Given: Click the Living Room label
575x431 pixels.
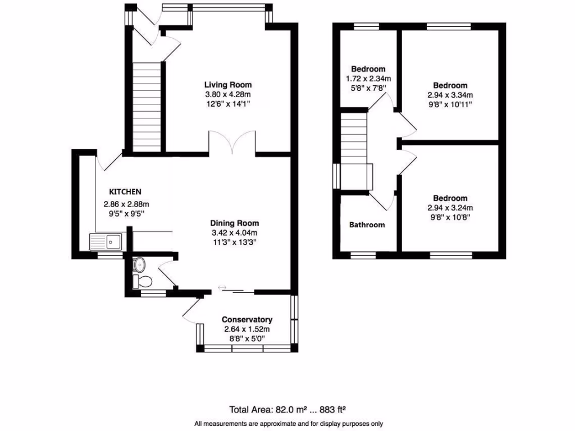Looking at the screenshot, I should pyautogui.click(x=227, y=85).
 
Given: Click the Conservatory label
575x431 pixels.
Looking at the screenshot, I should pyautogui.click(x=247, y=319).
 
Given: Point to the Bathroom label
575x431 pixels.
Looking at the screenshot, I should pyautogui.click(x=367, y=225).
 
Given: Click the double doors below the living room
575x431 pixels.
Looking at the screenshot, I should pyautogui.click(x=233, y=141).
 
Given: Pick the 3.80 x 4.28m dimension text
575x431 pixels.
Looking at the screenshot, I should pyautogui.click(x=227, y=94).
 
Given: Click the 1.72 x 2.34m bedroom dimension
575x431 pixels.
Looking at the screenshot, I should pyautogui.click(x=368, y=79).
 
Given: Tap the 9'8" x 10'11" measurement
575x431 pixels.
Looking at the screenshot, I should pyautogui.click(x=450, y=104).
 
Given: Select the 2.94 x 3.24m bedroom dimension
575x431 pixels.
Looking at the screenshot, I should pyautogui.click(x=450, y=208).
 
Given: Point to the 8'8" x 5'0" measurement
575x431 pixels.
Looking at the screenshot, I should pyautogui.click(x=247, y=339).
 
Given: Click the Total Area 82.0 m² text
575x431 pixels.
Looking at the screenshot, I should pyautogui.click(x=290, y=409).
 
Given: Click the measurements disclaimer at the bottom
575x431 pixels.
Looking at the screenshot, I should pyautogui.click(x=289, y=424).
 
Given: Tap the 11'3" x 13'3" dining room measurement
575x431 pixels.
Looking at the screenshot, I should pyautogui.click(x=234, y=242).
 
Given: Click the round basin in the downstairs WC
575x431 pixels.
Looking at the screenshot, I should pyautogui.click(x=139, y=264).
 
